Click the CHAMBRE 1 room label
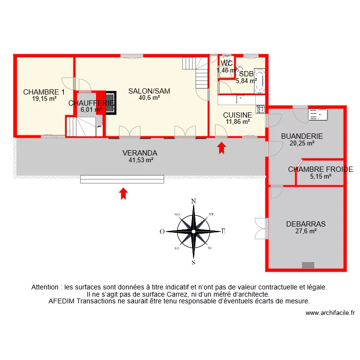tap(44, 92)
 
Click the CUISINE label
tap(238, 115)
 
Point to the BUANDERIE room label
tap(302, 136)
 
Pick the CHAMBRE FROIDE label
tap(320, 169)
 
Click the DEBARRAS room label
tap(306, 224)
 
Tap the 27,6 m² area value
tap(306, 231)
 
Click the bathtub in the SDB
tap(260, 80)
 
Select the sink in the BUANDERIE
tap(318, 114)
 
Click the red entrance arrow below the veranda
tap(123, 193)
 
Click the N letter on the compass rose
tap(193, 202)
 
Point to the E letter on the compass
tap(223, 231)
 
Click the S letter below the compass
tap(193, 262)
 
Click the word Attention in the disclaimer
tap(46, 287)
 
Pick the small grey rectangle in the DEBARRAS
tap(308, 265)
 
